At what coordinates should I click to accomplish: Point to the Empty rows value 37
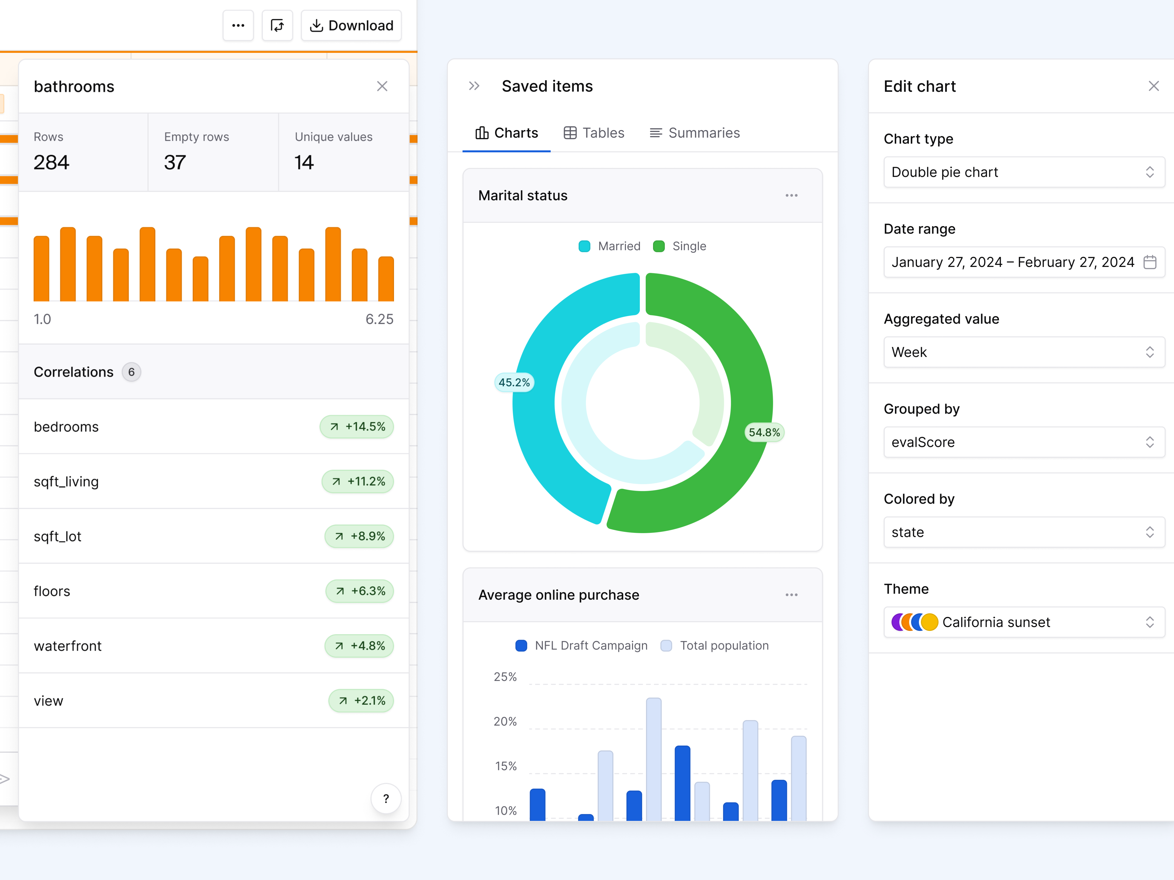click(x=175, y=162)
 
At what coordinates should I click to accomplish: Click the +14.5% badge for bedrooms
click(x=357, y=427)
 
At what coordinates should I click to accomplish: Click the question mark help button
click(x=386, y=798)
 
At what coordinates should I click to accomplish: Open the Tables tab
click(x=594, y=133)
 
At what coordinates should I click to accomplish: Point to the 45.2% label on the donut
click(x=514, y=383)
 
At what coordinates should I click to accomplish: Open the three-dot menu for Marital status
click(x=791, y=196)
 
